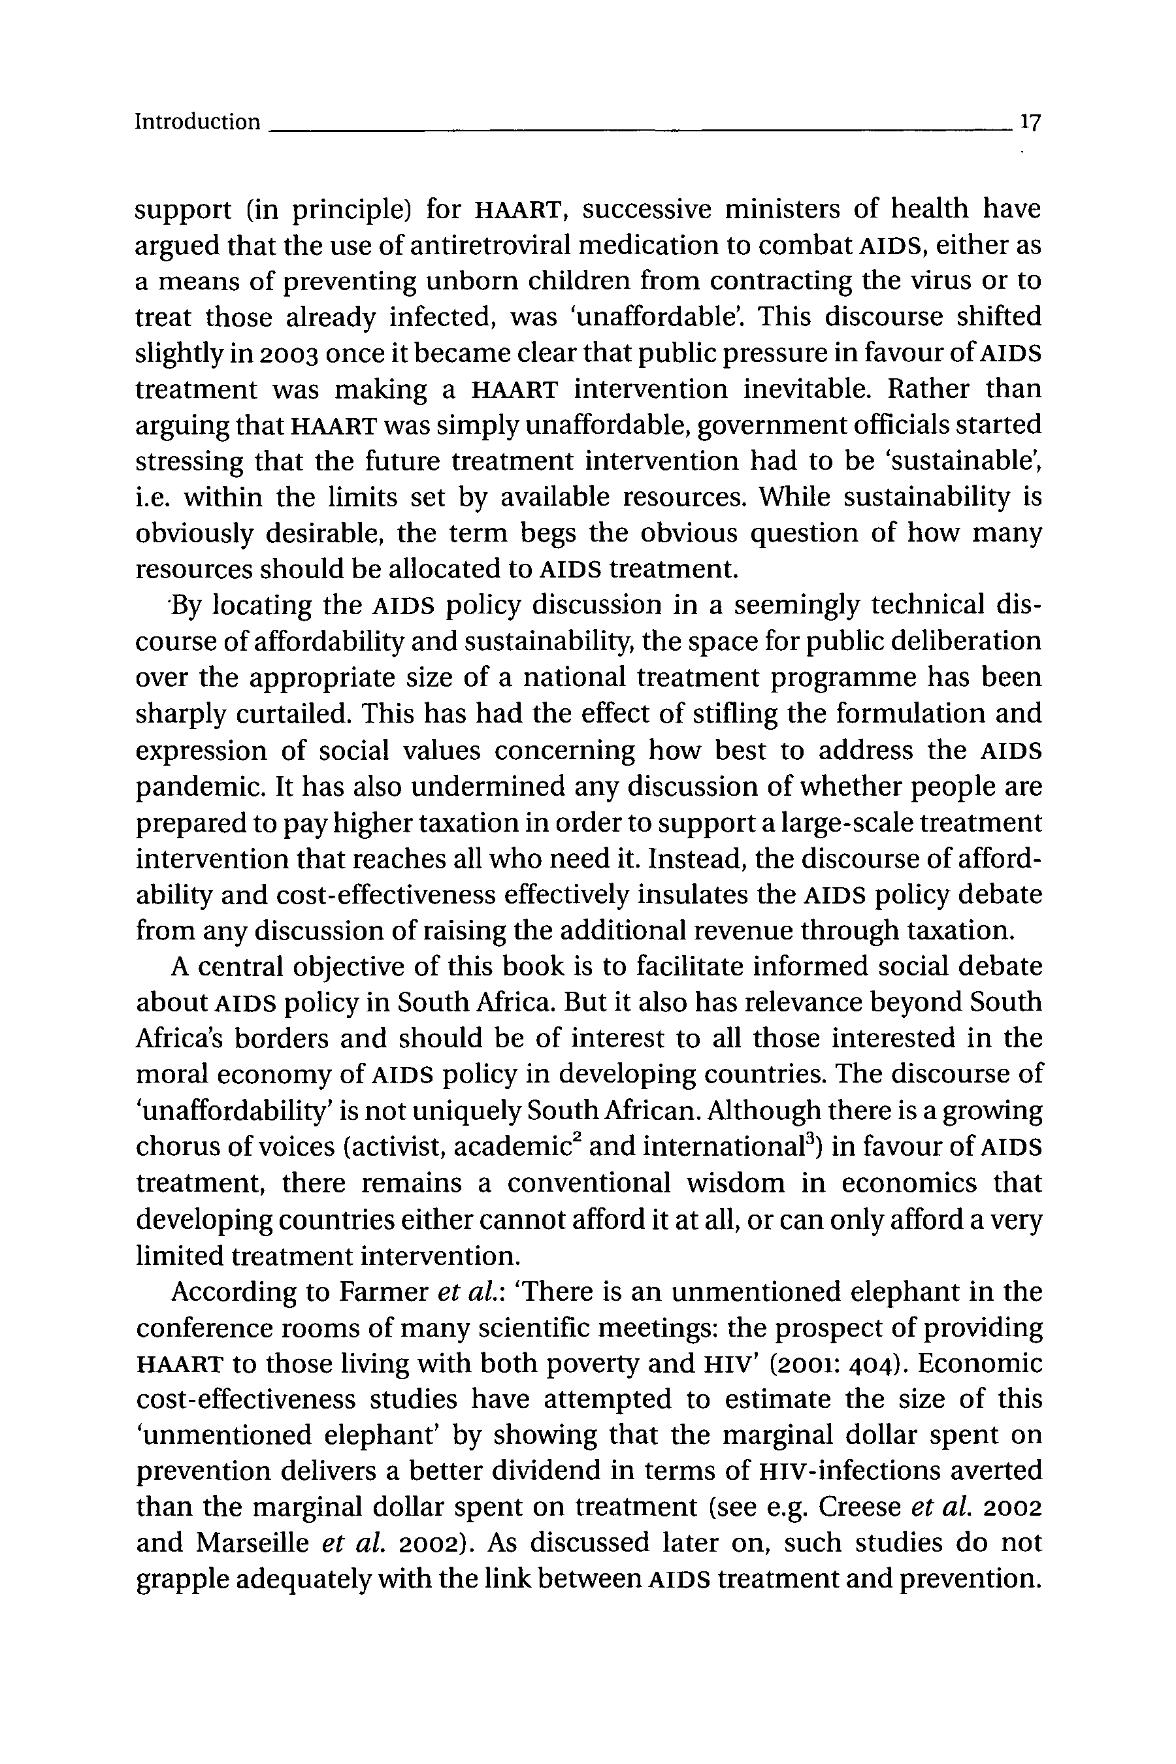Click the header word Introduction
197,122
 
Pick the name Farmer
384,1292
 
